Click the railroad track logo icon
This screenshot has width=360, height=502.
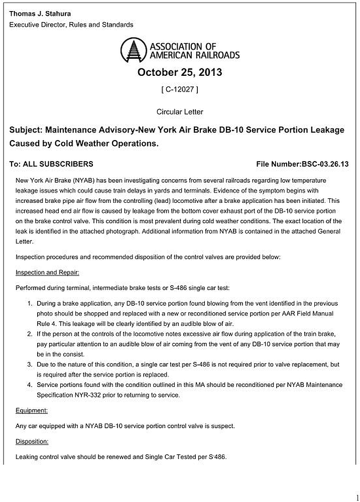pyautogui.click(x=133, y=51)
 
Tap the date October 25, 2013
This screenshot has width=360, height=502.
pyautogui.click(x=180, y=72)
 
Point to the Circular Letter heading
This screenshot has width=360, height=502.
pyautogui.click(x=180, y=111)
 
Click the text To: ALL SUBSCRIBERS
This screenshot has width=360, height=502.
pyautogui.click(x=51, y=164)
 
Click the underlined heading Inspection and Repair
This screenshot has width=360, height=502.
pyautogui.click(x=48, y=273)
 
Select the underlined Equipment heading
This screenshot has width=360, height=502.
pyautogui.click(x=32, y=410)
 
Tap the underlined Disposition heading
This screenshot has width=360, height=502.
pyautogui.click(x=32, y=441)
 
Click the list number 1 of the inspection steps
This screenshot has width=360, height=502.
pyautogui.click(x=30, y=304)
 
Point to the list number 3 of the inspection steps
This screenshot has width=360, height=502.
pyautogui.click(x=30, y=365)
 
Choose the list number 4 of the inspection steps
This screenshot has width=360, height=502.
pyautogui.click(x=30, y=385)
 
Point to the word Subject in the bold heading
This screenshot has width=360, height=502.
pyautogui.click(x=26, y=130)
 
